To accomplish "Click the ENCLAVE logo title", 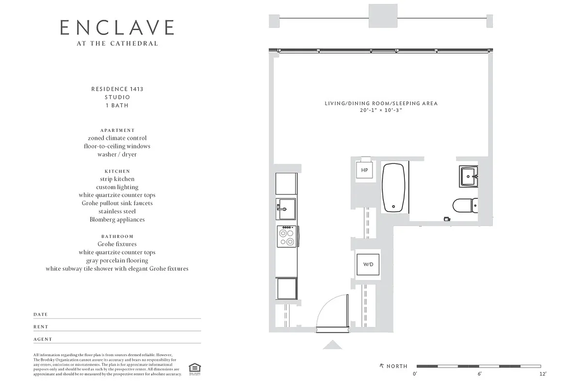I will pos(117,28).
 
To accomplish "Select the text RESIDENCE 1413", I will pos(117,89).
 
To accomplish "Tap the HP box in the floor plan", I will pos(364,170).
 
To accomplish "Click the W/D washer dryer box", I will pos(368,264).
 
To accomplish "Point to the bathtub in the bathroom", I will pos(394,187).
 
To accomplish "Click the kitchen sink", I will pos(286,209).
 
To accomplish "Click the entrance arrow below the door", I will pos(332,345).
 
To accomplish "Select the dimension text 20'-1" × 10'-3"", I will pos(381,111).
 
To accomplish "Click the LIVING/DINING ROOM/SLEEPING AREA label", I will pos(381,103).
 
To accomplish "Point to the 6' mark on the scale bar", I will pos(479,374).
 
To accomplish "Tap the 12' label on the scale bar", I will pos(543,374).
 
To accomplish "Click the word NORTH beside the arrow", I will pos(397,366).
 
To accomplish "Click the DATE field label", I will pos(41,315).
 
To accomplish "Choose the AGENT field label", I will pos(43,339).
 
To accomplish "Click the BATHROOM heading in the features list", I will pos(117,236).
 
